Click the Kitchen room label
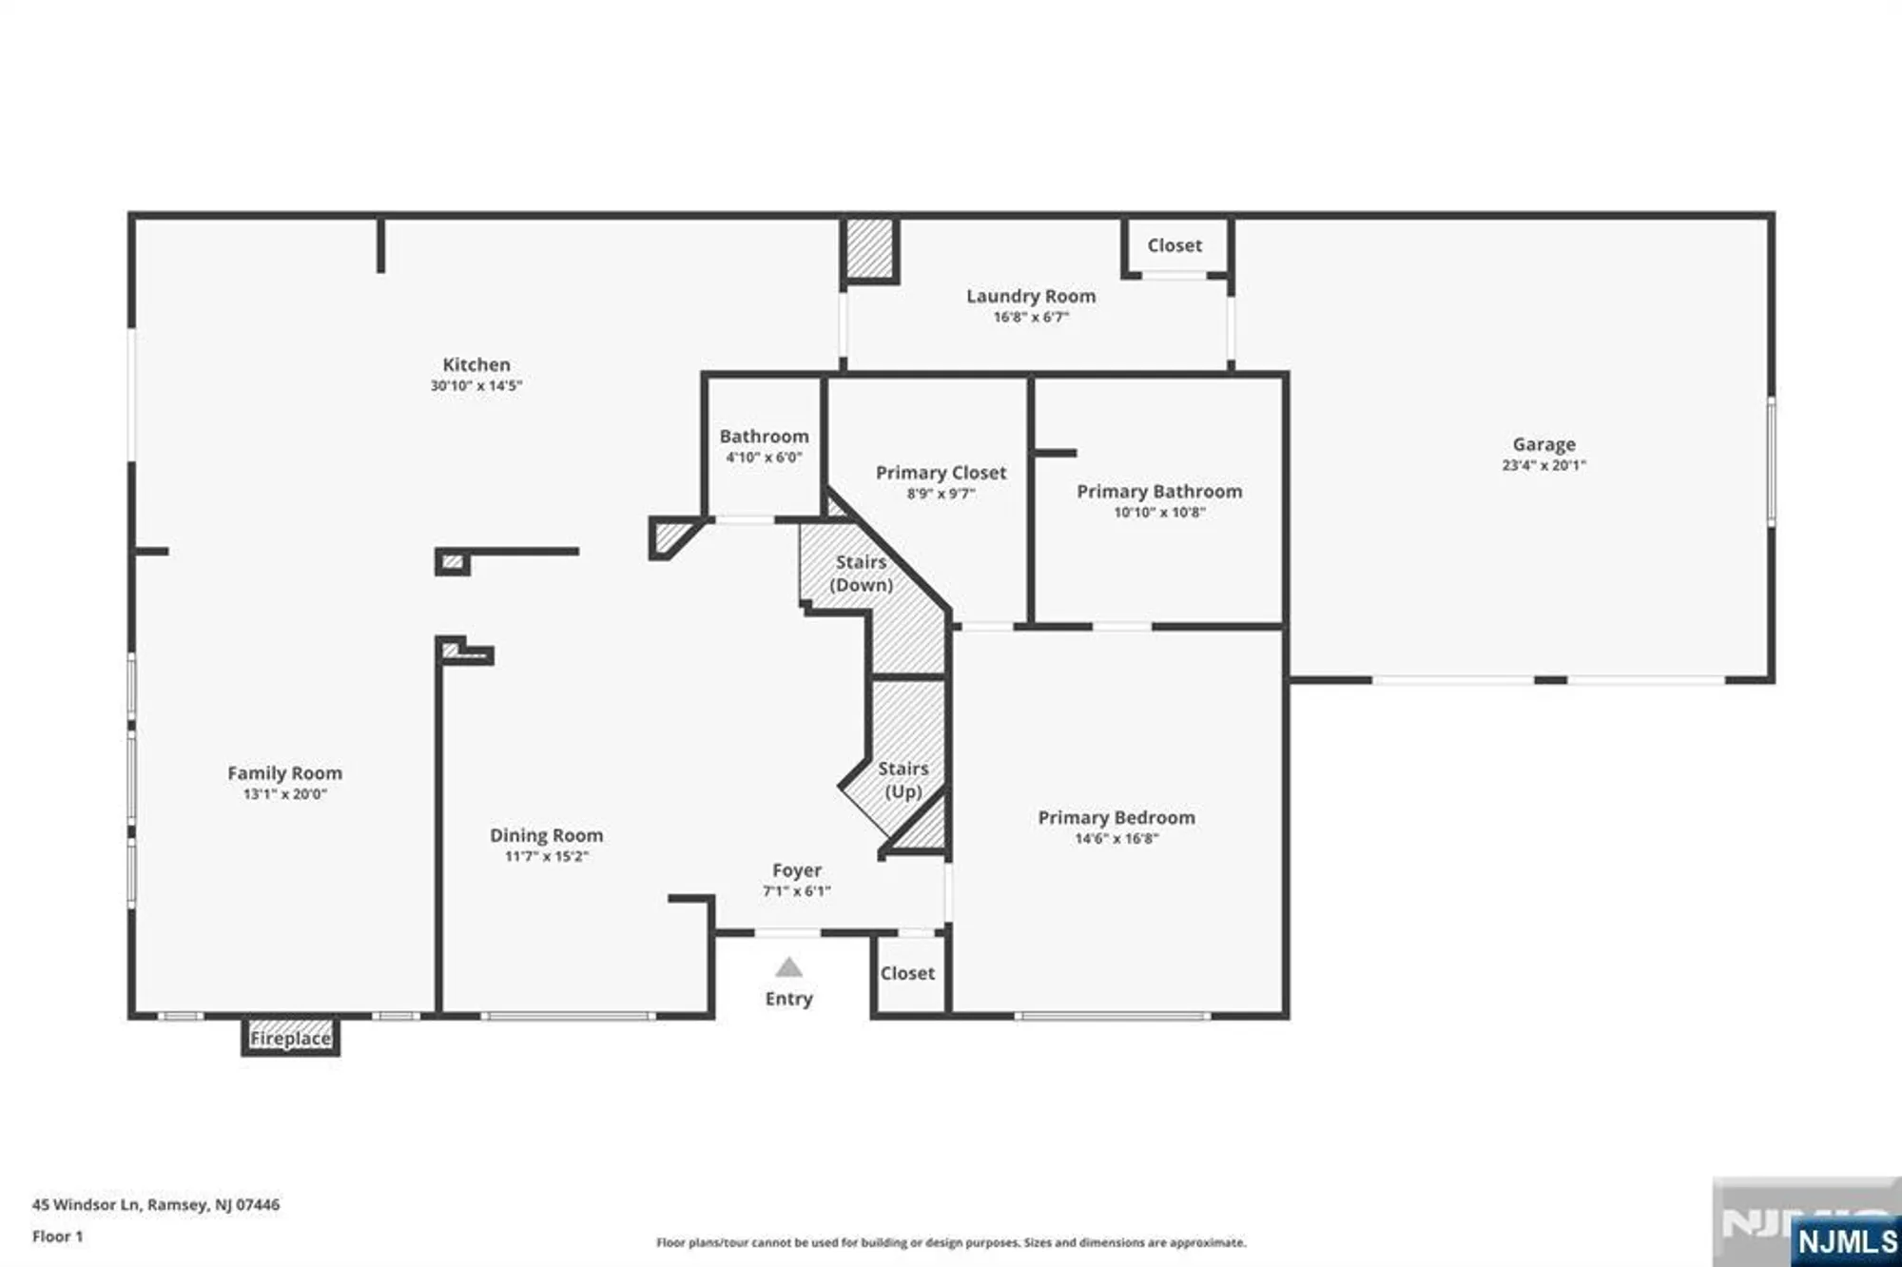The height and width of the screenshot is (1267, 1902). tap(475, 364)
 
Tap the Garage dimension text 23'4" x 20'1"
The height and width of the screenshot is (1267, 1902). tap(1543, 465)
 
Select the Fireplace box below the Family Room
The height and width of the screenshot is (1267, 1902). tap(290, 1038)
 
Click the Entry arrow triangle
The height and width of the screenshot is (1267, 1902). tap(788, 968)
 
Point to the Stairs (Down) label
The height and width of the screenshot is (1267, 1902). tap(861, 574)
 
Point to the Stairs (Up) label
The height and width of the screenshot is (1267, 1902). tap(902, 779)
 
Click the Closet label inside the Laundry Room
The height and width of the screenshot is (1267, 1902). tap(1174, 245)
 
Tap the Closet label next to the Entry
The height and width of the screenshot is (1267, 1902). tap(907, 973)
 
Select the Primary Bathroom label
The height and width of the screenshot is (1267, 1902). tap(1159, 491)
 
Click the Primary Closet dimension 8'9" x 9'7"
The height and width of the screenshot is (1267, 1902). tap(941, 494)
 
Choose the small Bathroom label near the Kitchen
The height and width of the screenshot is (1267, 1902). tap(764, 437)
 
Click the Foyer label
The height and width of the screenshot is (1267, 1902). tap(797, 870)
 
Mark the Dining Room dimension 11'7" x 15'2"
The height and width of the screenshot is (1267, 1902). tap(546, 856)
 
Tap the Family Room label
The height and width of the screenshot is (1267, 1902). tap(284, 773)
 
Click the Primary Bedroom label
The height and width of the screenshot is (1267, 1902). tap(1116, 817)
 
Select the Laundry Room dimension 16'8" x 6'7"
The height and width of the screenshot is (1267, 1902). tap(1031, 317)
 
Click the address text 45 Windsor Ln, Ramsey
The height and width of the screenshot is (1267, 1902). tap(156, 1204)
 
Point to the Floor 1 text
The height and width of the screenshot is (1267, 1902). tap(57, 1237)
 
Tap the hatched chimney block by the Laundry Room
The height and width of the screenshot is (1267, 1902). tap(869, 249)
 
